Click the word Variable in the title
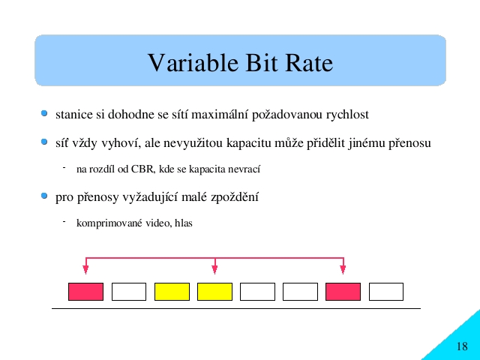point(193,62)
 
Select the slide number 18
point(462,346)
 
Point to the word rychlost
point(347,115)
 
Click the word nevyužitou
point(193,143)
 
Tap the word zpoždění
point(235,196)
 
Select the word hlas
point(183,223)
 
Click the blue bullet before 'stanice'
point(44,113)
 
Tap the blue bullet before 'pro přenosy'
point(44,196)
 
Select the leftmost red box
point(85,292)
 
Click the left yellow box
point(172,292)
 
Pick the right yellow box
point(215,292)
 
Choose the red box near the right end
point(343,292)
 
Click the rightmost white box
point(386,292)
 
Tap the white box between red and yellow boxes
point(129,292)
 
